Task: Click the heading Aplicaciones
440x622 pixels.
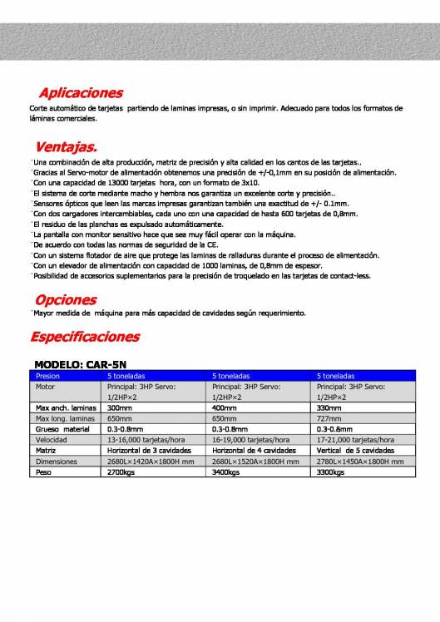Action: pyautogui.click(x=81, y=92)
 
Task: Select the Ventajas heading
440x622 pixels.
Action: pyautogui.click(x=66, y=146)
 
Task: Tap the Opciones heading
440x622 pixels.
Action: pyautogui.click(x=66, y=299)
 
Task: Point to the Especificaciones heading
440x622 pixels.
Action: pyautogui.click(x=85, y=337)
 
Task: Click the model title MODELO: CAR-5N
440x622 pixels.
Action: pyautogui.click(x=80, y=364)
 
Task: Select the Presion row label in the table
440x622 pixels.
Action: pyautogui.click(x=48, y=376)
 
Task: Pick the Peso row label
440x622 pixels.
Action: pyautogui.click(x=45, y=471)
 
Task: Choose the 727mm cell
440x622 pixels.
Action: pyautogui.click(x=329, y=419)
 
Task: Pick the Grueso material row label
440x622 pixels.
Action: pyautogui.click(x=62, y=429)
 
